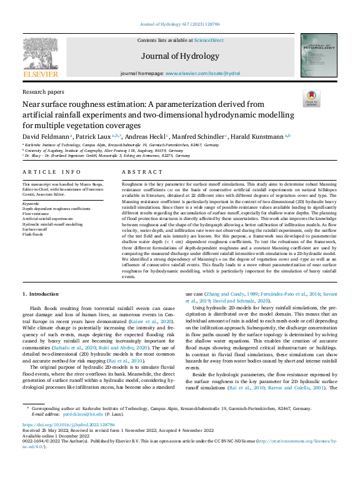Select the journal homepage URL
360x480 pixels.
pos(203,74)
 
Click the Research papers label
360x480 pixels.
pos(41,91)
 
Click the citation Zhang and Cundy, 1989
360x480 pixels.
pos(223,294)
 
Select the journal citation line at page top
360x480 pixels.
pos(180,24)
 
